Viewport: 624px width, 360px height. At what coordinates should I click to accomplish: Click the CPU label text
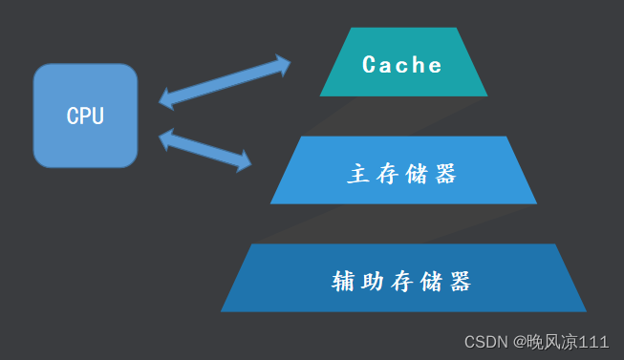(x=85, y=116)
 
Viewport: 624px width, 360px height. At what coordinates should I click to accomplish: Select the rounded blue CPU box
(x=85, y=143)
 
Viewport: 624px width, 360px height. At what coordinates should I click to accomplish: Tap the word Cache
(x=402, y=65)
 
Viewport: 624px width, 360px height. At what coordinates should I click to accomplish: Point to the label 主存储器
(x=402, y=174)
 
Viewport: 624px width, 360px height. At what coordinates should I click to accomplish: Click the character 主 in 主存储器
(x=358, y=174)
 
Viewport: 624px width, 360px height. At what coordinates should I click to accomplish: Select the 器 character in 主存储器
(x=445, y=174)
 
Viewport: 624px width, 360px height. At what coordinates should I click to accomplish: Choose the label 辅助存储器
(x=402, y=282)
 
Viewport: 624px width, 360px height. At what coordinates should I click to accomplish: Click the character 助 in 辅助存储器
(x=374, y=282)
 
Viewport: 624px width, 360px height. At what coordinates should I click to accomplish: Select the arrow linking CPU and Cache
(x=225, y=80)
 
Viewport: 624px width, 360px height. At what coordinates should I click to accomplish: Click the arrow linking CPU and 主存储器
(x=205, y=151)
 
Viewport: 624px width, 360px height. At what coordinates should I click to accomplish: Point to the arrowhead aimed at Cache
(x=281, y=64)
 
